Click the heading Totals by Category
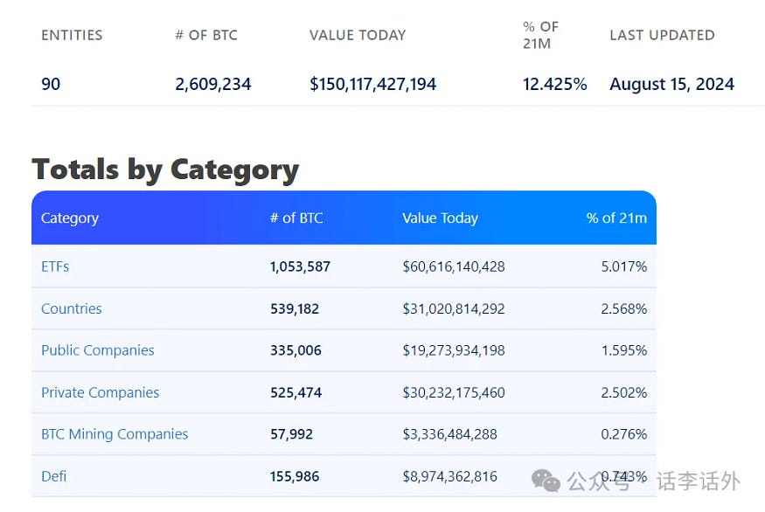(x=165, y=169)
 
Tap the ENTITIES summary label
(x=72, y=36)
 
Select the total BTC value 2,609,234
(x=213, y=85)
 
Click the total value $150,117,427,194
(x=372, y=85)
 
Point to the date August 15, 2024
(x=671, y=85)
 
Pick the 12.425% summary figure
(x=554, y=85)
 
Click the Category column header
(x=70, y=218)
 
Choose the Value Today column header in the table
(x=440, y=218)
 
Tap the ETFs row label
(x=55, y=266)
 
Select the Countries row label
(x=72, y=308)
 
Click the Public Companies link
(x=98, y=350)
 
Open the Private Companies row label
(x=101, y=392)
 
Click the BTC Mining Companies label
(x=115, y=434)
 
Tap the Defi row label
(x=54, y=476)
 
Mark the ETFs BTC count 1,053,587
(x=300, y=266)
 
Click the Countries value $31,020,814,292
(x=454, y=308)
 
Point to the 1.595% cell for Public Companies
(x=624, y=350)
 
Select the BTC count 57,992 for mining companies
(x=291, y=434)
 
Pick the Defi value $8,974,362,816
(x=449, y=476)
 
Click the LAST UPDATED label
(x=662, y=36)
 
